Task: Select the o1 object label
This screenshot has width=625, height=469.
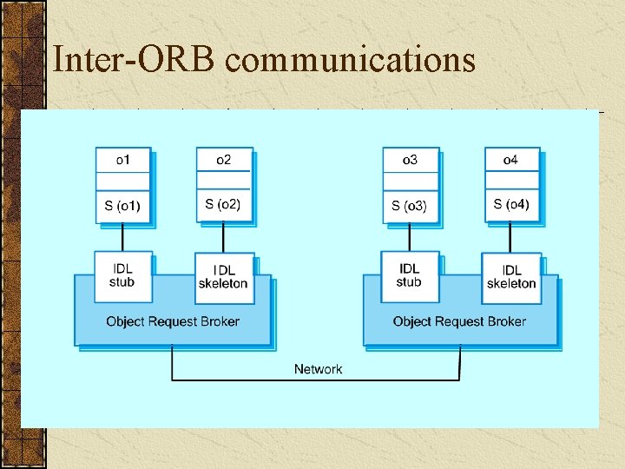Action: point(123,160)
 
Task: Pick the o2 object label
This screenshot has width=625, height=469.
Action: point(223,160)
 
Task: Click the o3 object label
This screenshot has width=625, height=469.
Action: point(410,160)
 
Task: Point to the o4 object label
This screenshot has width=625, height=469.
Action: point(511,160)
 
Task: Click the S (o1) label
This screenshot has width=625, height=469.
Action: point(122,206)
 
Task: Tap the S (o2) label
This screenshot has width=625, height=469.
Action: point(223,205)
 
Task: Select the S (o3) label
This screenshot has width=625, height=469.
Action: point(410,206)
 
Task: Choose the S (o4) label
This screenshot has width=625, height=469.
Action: point(511,205)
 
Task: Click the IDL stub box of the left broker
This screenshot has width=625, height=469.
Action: point(122,275)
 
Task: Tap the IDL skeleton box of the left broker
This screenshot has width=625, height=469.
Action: point(223,277)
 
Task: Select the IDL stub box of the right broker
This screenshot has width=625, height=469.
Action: point(409,275)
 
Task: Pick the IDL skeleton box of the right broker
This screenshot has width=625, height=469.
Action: point(511,277)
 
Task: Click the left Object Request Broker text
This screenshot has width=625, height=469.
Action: point(173,321)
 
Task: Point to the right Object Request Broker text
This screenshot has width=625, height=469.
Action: point(459,321)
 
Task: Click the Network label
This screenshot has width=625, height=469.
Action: point(318,369)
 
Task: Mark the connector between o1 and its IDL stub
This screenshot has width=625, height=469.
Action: point(122,237)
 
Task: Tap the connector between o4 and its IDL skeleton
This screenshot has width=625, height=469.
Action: point(511,237)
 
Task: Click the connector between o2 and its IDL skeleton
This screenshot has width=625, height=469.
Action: point(223,237)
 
